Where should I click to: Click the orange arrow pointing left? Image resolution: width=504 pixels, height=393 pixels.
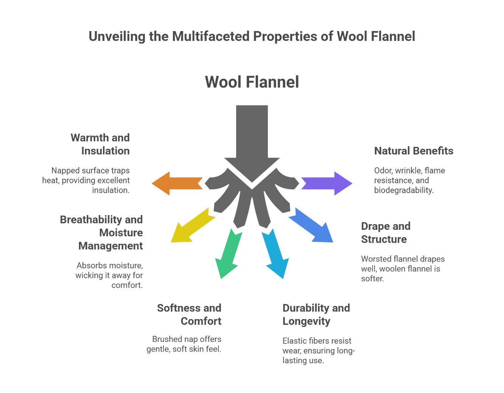point(176,184)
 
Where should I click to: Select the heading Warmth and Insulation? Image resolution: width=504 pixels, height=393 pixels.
point(100,144)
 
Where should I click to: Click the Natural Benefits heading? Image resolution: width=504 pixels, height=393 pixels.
point(414,151)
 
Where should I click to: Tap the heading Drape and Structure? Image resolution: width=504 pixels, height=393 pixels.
point(386,233)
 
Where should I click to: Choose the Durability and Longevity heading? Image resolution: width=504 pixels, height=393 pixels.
point(316,315)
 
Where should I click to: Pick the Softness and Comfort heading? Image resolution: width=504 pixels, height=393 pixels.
point(189,315)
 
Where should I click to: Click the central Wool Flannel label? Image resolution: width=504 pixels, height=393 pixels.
point(252,82)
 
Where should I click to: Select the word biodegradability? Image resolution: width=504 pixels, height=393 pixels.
point(404,190)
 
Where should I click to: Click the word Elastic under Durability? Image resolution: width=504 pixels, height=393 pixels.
point(294,341)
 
